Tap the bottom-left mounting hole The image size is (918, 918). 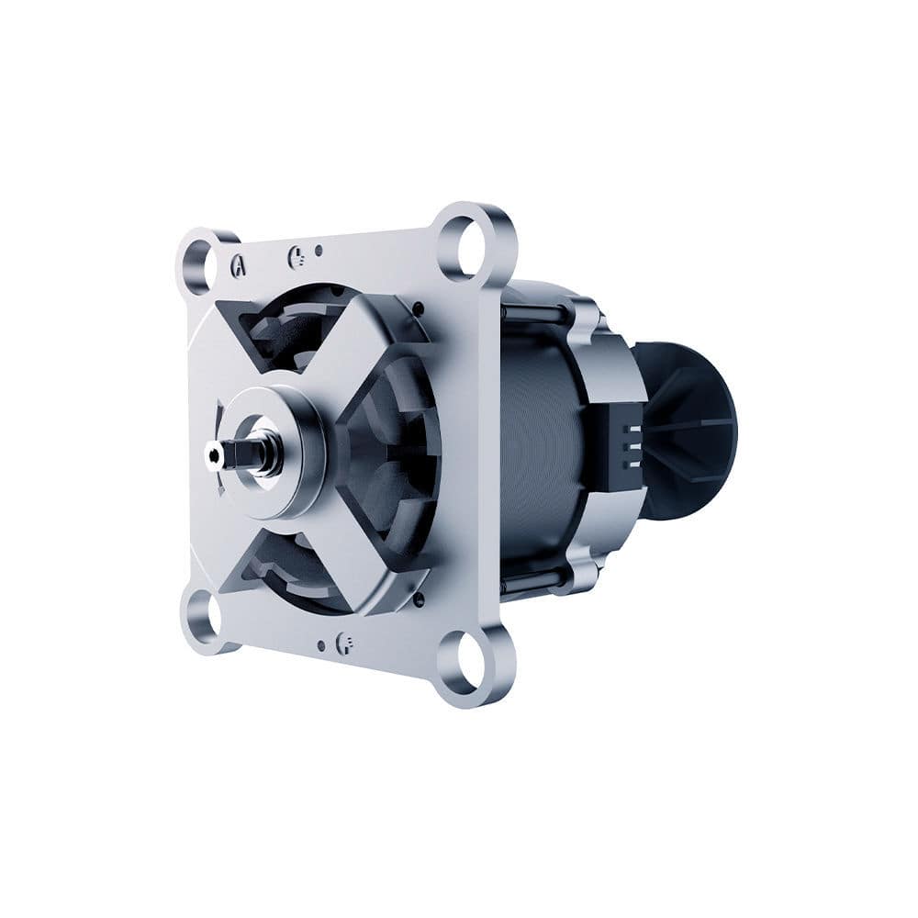coord(204,613)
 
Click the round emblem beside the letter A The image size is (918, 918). coord(297,256)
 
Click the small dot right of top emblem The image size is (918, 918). coord(319,250)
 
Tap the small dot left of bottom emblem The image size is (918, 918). coord(320,645)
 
